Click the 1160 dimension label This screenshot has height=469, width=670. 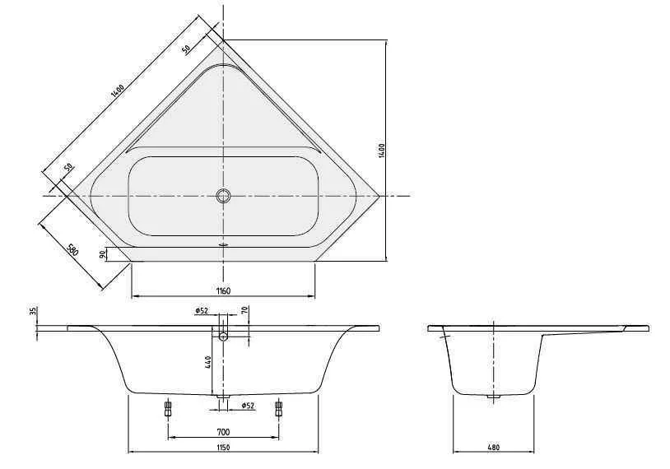click(224, 291)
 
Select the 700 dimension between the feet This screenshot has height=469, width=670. click(224, 431)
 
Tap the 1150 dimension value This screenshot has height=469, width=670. click(223, 448)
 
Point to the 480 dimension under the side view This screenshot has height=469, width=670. click(493, 448)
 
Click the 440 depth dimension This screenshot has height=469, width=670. click(208, 363)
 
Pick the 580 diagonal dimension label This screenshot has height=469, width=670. click(72, 250)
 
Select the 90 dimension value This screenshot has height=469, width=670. click(102, 254)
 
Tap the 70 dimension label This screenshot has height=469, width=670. click(244, 310)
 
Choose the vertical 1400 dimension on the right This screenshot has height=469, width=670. click(382, 151)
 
